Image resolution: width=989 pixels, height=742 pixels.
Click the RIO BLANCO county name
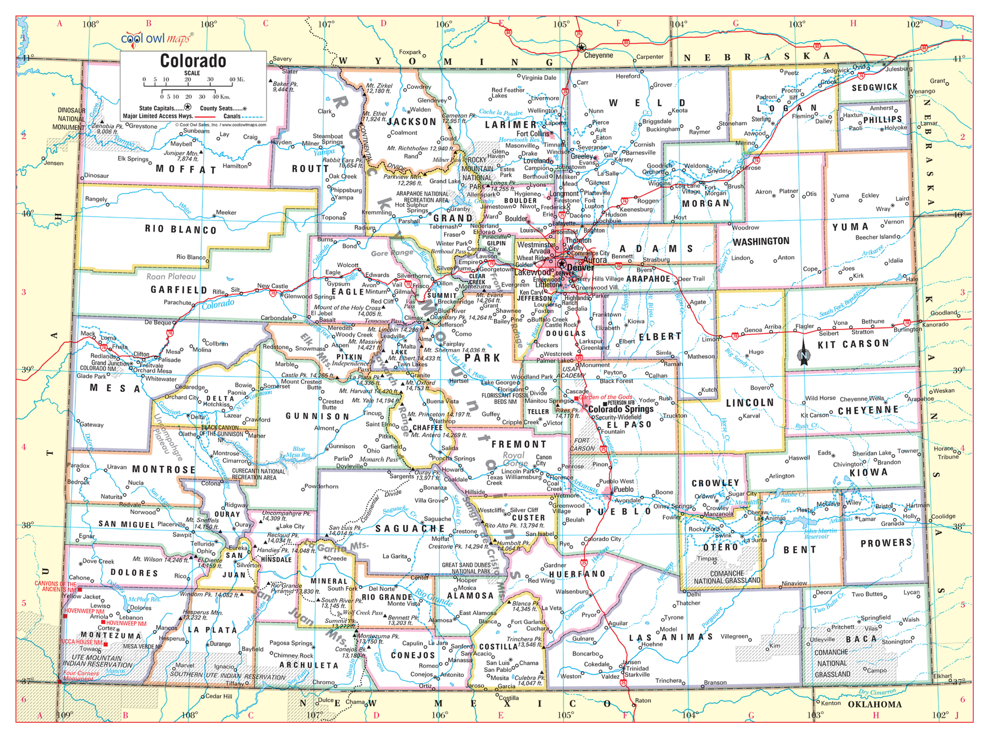[181, 229]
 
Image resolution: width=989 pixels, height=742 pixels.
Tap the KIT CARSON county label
[853, 344]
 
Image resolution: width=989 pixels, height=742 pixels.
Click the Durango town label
[220, 644]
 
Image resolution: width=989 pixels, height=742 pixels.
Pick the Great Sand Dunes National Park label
[466, 568]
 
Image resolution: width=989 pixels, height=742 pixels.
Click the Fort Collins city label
[533, 134]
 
